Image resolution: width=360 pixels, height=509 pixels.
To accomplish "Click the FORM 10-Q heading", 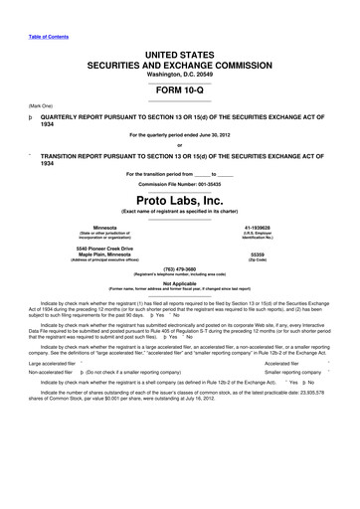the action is tap(179, 85).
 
